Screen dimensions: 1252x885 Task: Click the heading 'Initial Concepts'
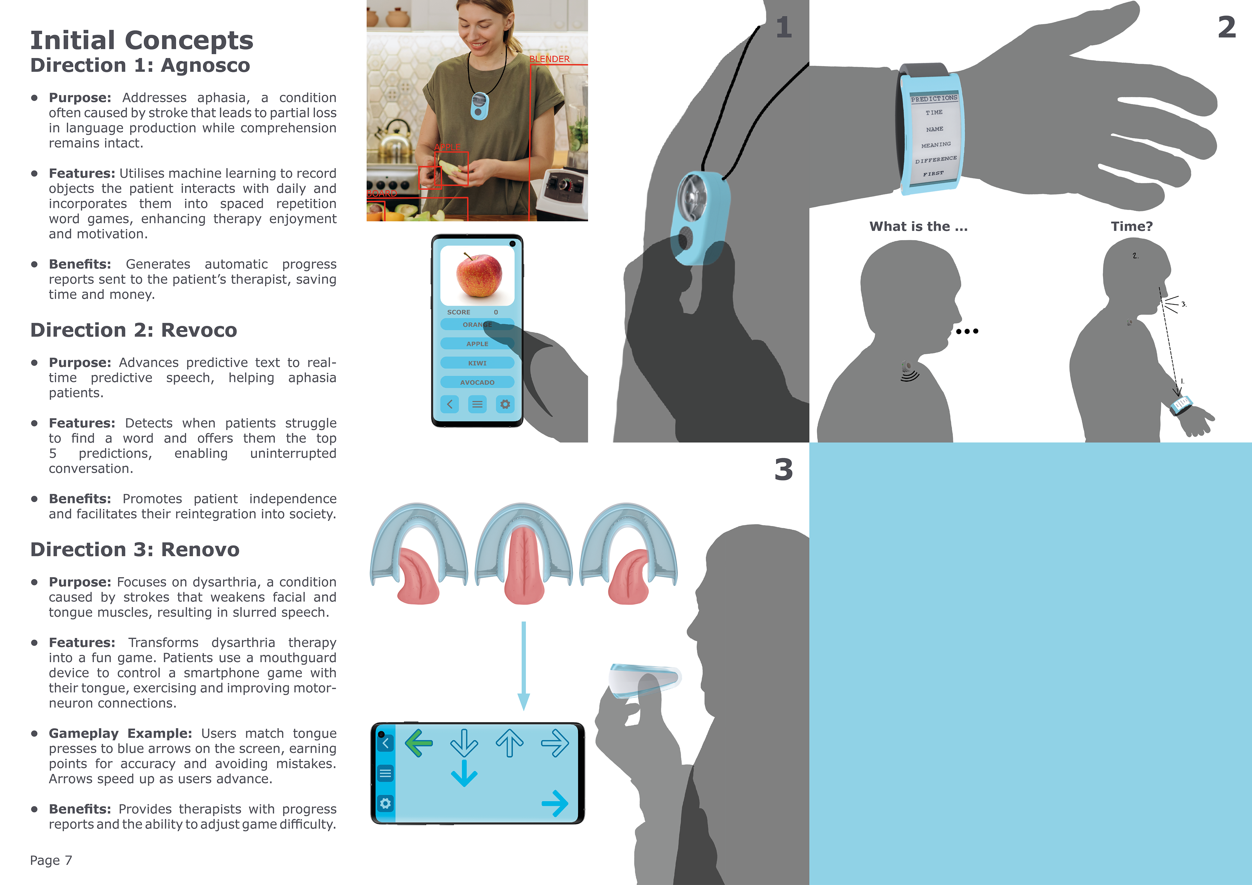pyautogui.click(x=142, y=40)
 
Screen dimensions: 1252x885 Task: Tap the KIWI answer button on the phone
pyautogui.click(x=477, y=363)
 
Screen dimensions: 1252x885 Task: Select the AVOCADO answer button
pyautogui.click(x=477, y=382)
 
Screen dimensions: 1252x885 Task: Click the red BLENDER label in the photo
pyautogui.click(x=549, y=59)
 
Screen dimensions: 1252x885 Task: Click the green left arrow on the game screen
pyautogui.click(x=419, y=743)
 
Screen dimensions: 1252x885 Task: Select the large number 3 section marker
pyautogui.click(x=783, y=469)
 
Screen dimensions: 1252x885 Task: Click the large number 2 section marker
pyautogui.click(x=1227, y=27)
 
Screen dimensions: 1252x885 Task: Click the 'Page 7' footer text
pyautogui.click(x=51, y=861)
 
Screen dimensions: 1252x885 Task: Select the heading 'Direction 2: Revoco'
pyautogui.click(x=134, y=330)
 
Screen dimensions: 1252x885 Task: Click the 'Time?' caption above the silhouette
pyautogui.click(x=1132, y=226)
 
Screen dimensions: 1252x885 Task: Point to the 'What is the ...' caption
pyautogui.click(x=918, y=226)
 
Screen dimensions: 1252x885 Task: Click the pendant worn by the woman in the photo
pyautogui.click(x=479, y=106)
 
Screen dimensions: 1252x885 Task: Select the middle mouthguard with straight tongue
pyautogui.click(x=524, y=553)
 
